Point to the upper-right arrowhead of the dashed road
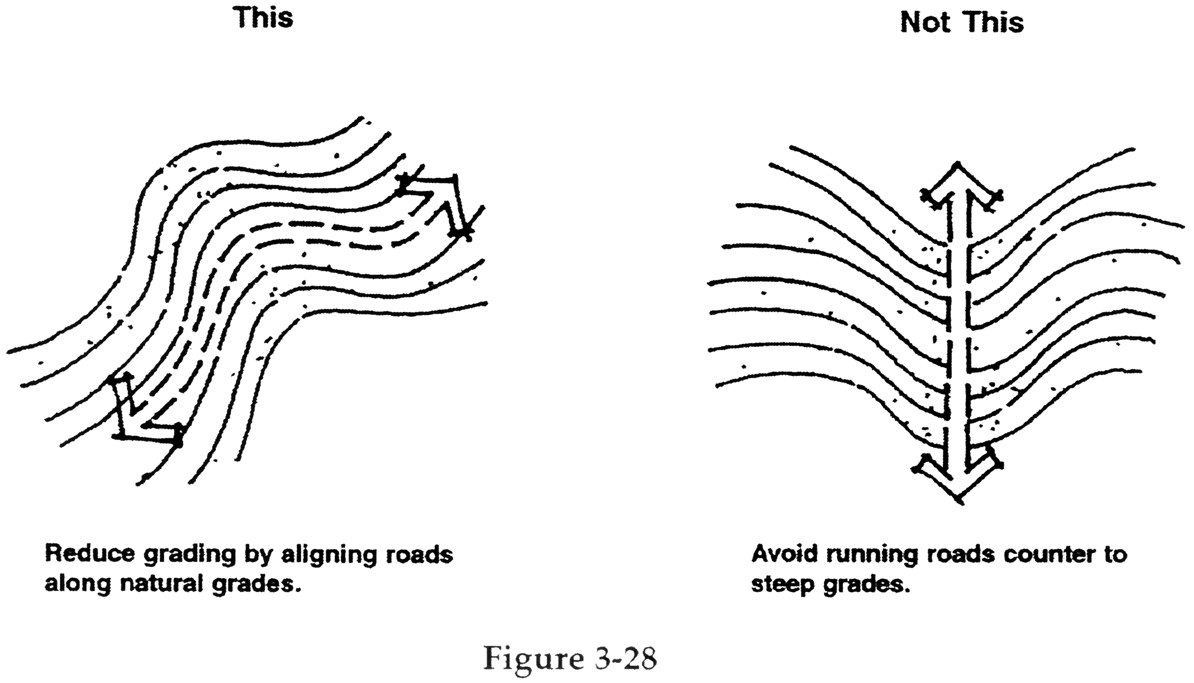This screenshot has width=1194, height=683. [x=441, y=197]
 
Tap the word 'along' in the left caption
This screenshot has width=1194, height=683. [x=78, y=585]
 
